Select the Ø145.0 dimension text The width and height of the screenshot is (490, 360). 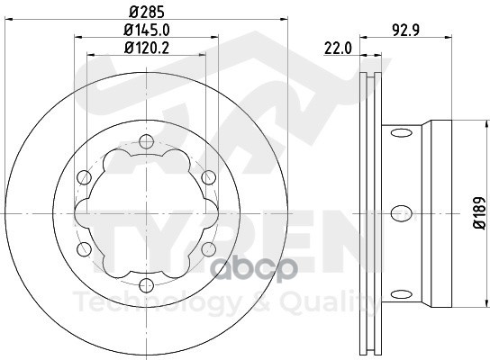(144, 30)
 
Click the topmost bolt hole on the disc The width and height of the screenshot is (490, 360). (144, 140)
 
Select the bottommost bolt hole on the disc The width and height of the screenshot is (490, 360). (144, 284)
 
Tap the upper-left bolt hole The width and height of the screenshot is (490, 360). (83, 176)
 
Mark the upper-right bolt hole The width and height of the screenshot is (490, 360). (207, 176)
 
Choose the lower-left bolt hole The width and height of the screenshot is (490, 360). (83, 248)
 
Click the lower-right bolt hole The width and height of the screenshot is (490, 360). (207, 248)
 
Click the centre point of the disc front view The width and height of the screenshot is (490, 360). (144, 212)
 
